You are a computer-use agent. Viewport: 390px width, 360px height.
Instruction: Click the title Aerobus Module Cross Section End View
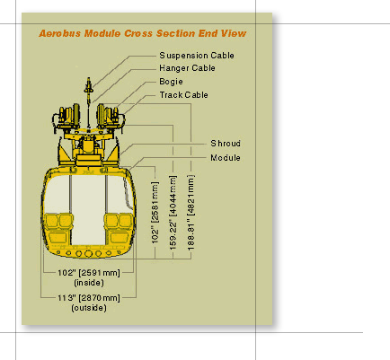(x=143, y=33)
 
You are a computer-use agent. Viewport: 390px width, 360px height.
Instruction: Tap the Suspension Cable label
(x=197, y=56)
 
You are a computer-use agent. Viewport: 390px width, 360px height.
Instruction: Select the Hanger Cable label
(x=187, y=68)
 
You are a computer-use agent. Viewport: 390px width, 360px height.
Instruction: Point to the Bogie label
(x=171, y=82)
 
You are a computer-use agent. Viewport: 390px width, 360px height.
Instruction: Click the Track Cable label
(x=183, y=95)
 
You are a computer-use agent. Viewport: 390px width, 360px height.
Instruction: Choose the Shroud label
(x=226, y=144)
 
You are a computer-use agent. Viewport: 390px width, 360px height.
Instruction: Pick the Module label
(x=226, y=158)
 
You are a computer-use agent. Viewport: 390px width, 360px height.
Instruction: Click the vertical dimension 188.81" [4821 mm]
(x=191, y=213)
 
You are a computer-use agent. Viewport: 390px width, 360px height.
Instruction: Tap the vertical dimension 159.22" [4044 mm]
(x=173, y=213)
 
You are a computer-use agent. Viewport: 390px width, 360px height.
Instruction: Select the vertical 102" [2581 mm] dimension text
(x=155, y=213)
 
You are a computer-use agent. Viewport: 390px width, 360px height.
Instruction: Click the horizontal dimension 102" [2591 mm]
(x=89, y=273)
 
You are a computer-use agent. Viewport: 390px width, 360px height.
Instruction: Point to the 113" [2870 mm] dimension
(x=89, y=298)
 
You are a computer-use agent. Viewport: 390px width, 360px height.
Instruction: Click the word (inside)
(x=89, y=283)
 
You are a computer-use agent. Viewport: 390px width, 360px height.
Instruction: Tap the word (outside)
(x=89, y=308)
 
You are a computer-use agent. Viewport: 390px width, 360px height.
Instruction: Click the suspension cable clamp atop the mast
(x=88, y=86)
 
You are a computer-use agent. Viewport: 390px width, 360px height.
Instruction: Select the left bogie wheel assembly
(x=66, y=118)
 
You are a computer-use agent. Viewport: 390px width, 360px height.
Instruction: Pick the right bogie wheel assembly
(x=111, y=118)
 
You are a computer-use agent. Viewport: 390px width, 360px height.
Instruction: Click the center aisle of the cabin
(x=88, y=209)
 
